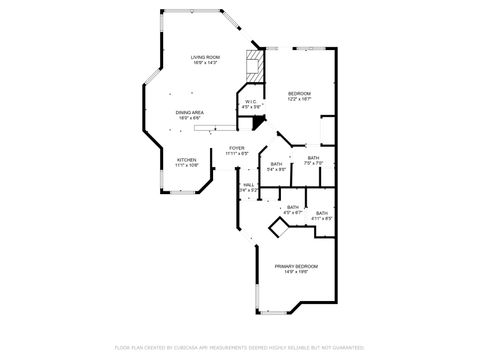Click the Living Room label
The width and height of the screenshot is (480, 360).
[205, 58]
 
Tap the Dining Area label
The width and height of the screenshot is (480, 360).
[190, 113]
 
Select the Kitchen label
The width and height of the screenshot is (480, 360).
[187, 159]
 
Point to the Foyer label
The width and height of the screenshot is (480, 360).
[236, 150]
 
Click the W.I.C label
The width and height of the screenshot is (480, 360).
[251, 101]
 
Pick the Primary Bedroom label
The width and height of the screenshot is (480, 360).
[297, 265]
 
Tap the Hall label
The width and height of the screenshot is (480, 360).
[248, 184]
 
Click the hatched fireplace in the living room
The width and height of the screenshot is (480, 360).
[256, 67]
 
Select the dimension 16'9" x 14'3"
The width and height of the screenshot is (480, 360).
[205, 64]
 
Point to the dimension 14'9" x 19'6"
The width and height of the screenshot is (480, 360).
[297, 271]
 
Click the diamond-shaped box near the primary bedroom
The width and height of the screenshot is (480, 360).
[277, 231]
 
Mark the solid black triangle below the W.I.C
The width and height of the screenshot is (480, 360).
[259, 121]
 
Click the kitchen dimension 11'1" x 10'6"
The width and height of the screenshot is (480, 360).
[187, 164]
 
